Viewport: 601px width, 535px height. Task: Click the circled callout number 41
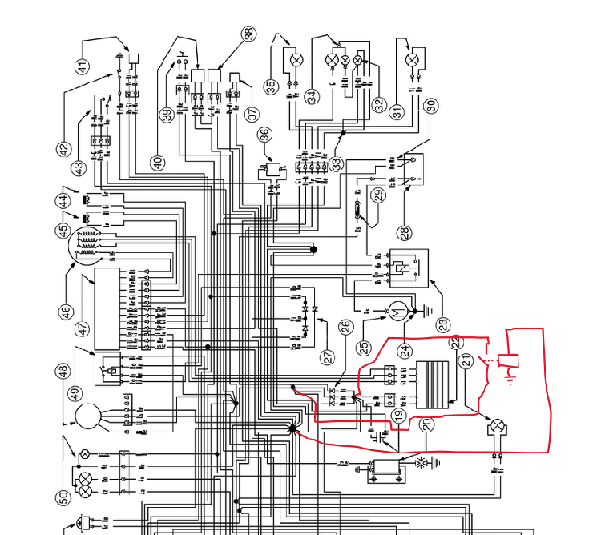click(83, 66)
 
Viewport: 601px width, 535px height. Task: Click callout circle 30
click(430, 105)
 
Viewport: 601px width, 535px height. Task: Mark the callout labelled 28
click(404, 233)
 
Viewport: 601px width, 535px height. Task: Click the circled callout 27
click(328, 357)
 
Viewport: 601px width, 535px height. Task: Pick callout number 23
click(444, 326)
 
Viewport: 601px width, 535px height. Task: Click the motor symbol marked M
click(396, 309)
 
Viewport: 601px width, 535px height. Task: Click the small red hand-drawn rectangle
click(509, 361)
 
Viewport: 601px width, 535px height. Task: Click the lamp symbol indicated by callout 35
click(296, 59)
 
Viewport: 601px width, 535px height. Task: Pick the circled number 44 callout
click(63, 199)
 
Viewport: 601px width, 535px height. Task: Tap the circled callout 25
click(365, 348)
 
